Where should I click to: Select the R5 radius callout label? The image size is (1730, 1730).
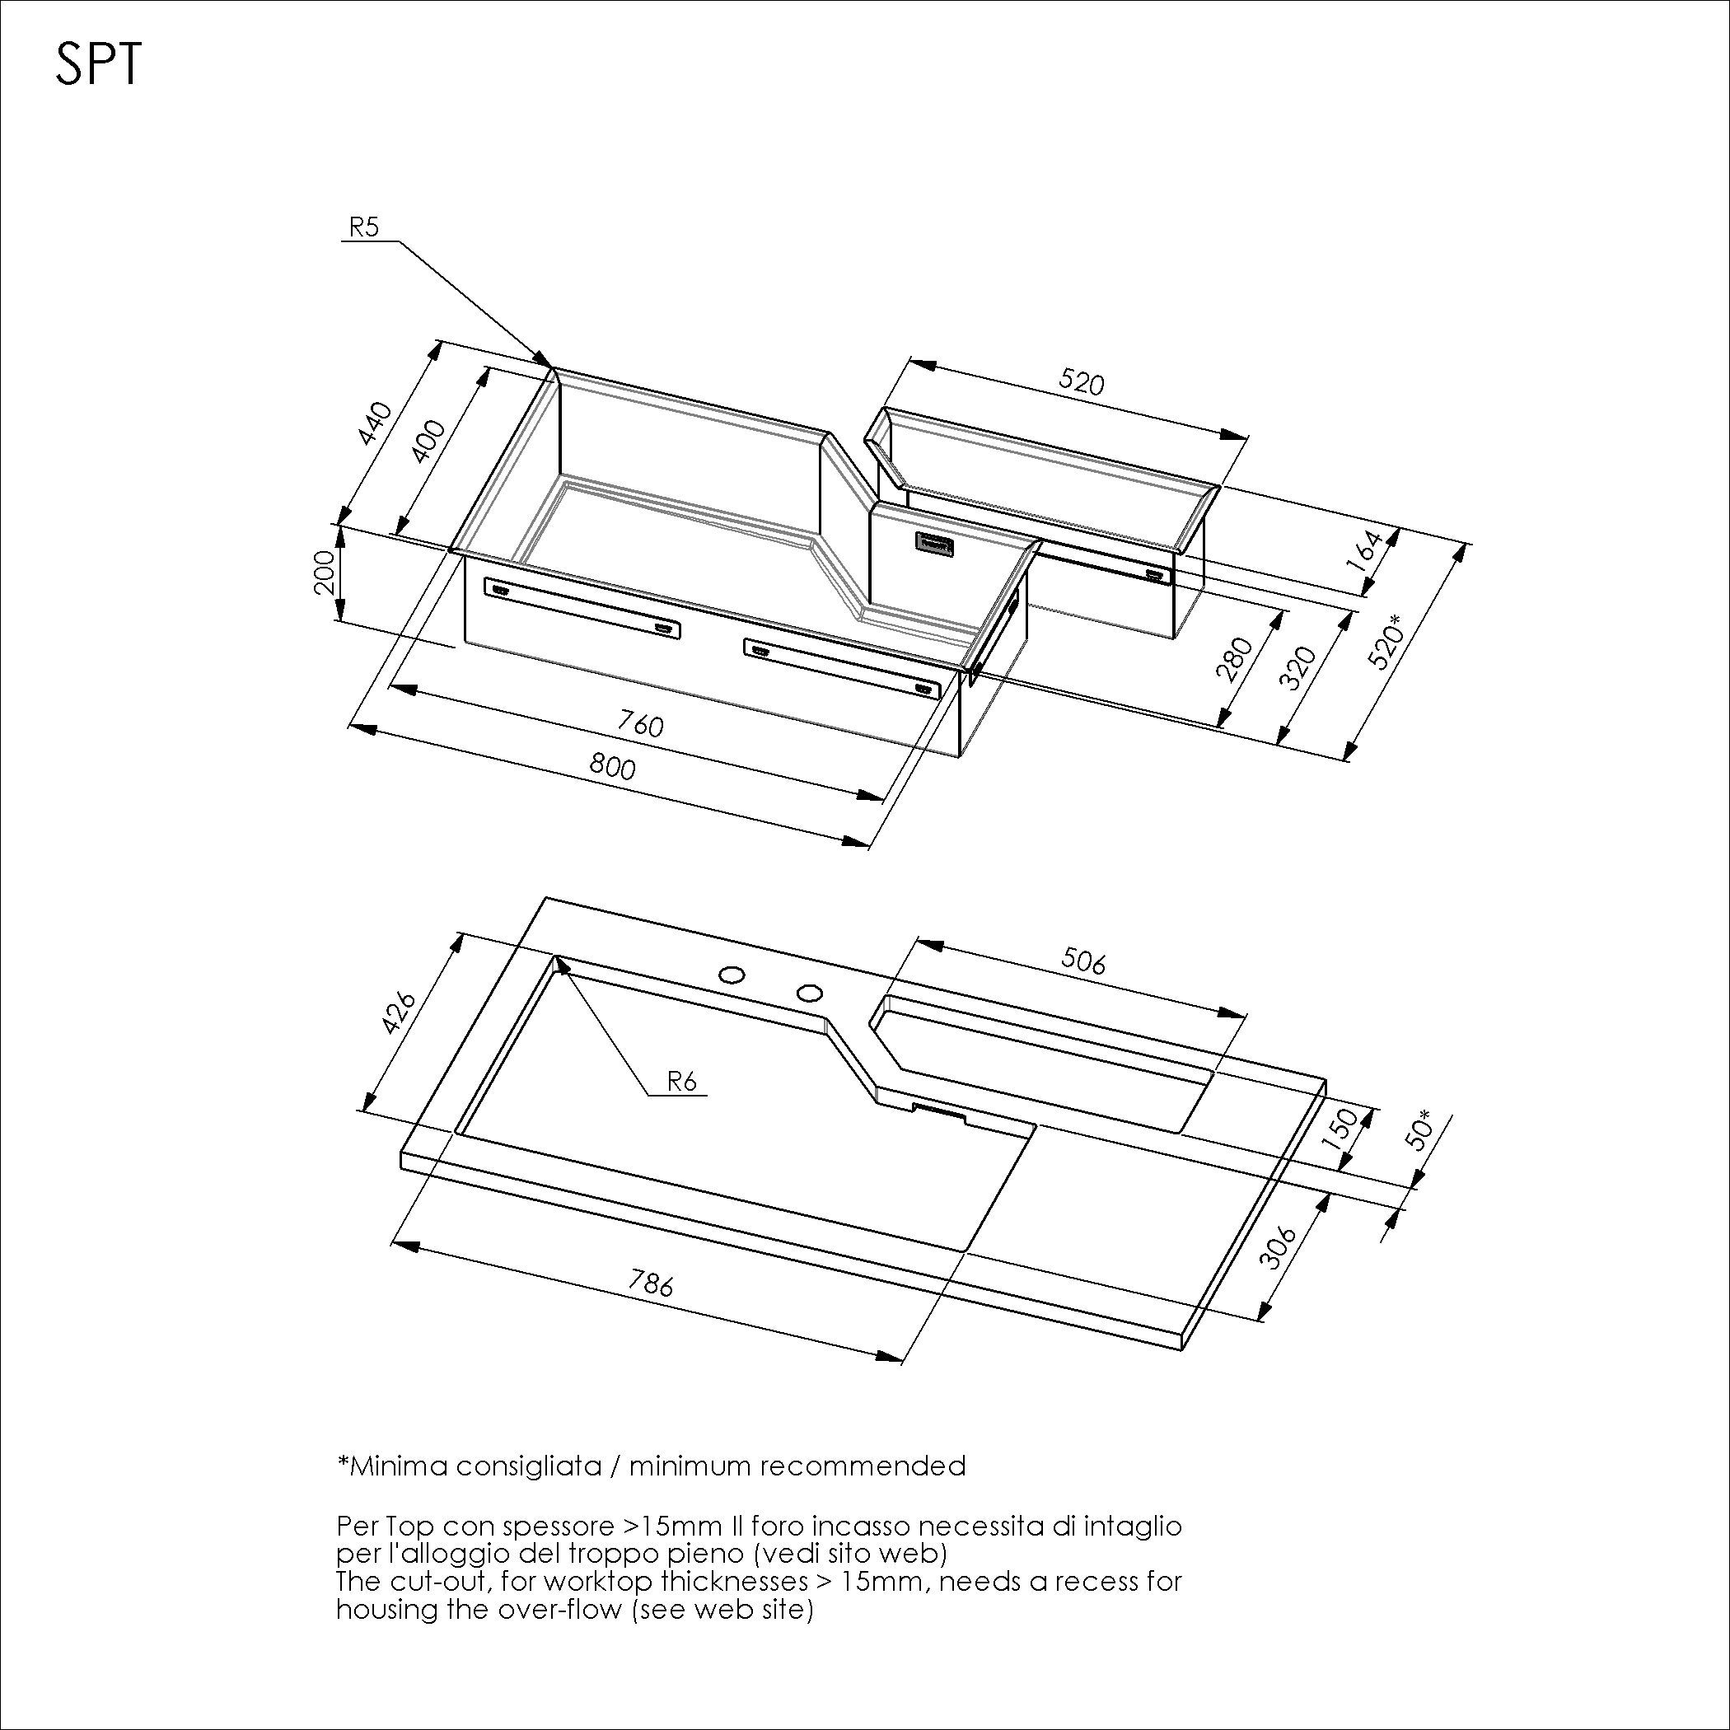point(363,227)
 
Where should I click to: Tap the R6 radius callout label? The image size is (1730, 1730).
point(681,1082)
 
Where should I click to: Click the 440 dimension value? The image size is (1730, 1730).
point(375,424)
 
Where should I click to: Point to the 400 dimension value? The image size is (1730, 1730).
point(429,441)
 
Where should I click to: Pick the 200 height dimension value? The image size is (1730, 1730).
point(325,571)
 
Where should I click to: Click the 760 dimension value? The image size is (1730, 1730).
point(641,723)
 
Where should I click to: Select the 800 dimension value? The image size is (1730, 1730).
point(612,766)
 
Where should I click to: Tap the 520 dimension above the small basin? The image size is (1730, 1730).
point(1082,382)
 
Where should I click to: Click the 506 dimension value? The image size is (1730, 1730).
point(1083,961)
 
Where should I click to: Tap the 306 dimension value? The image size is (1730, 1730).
point(1278,1247)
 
